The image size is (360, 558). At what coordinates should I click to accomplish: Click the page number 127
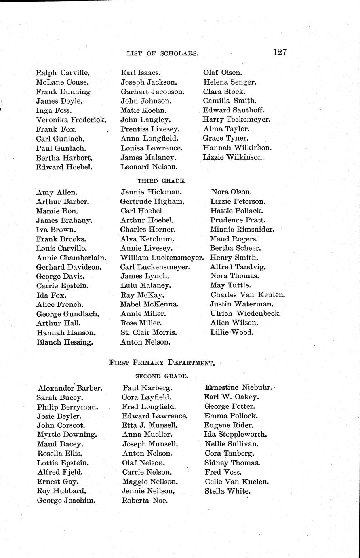[x=280, y=52]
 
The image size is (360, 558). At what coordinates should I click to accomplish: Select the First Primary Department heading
[x=162, y=363]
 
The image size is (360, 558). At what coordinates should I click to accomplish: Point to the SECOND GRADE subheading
[x=161, y=376]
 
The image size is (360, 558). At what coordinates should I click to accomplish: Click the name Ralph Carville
[x=62, y=73]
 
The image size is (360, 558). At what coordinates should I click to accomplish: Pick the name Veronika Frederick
[x=71, y=120]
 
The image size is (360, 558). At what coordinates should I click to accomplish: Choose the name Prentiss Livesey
[x=150, y=129]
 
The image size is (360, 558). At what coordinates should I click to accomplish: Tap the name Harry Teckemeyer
[x=236, y=120]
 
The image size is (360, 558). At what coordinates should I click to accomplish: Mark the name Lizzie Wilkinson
[x=233, y=157]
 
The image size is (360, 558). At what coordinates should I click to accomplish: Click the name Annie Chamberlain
[x=71, y=258]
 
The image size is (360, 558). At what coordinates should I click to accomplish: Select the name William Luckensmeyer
[x=162, y=258]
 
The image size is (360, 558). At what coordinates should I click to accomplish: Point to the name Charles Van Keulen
[x=247, y=295]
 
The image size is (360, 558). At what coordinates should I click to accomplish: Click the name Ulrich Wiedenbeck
[x=245, y=313]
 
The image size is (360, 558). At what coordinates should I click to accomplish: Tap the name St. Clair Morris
[x=149, y=332]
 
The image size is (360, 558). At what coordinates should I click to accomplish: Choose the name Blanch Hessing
[x=65, y=342]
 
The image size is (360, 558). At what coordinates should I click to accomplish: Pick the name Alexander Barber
[x=70, y=388]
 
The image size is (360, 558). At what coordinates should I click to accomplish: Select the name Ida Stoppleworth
[x=236, y=435]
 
